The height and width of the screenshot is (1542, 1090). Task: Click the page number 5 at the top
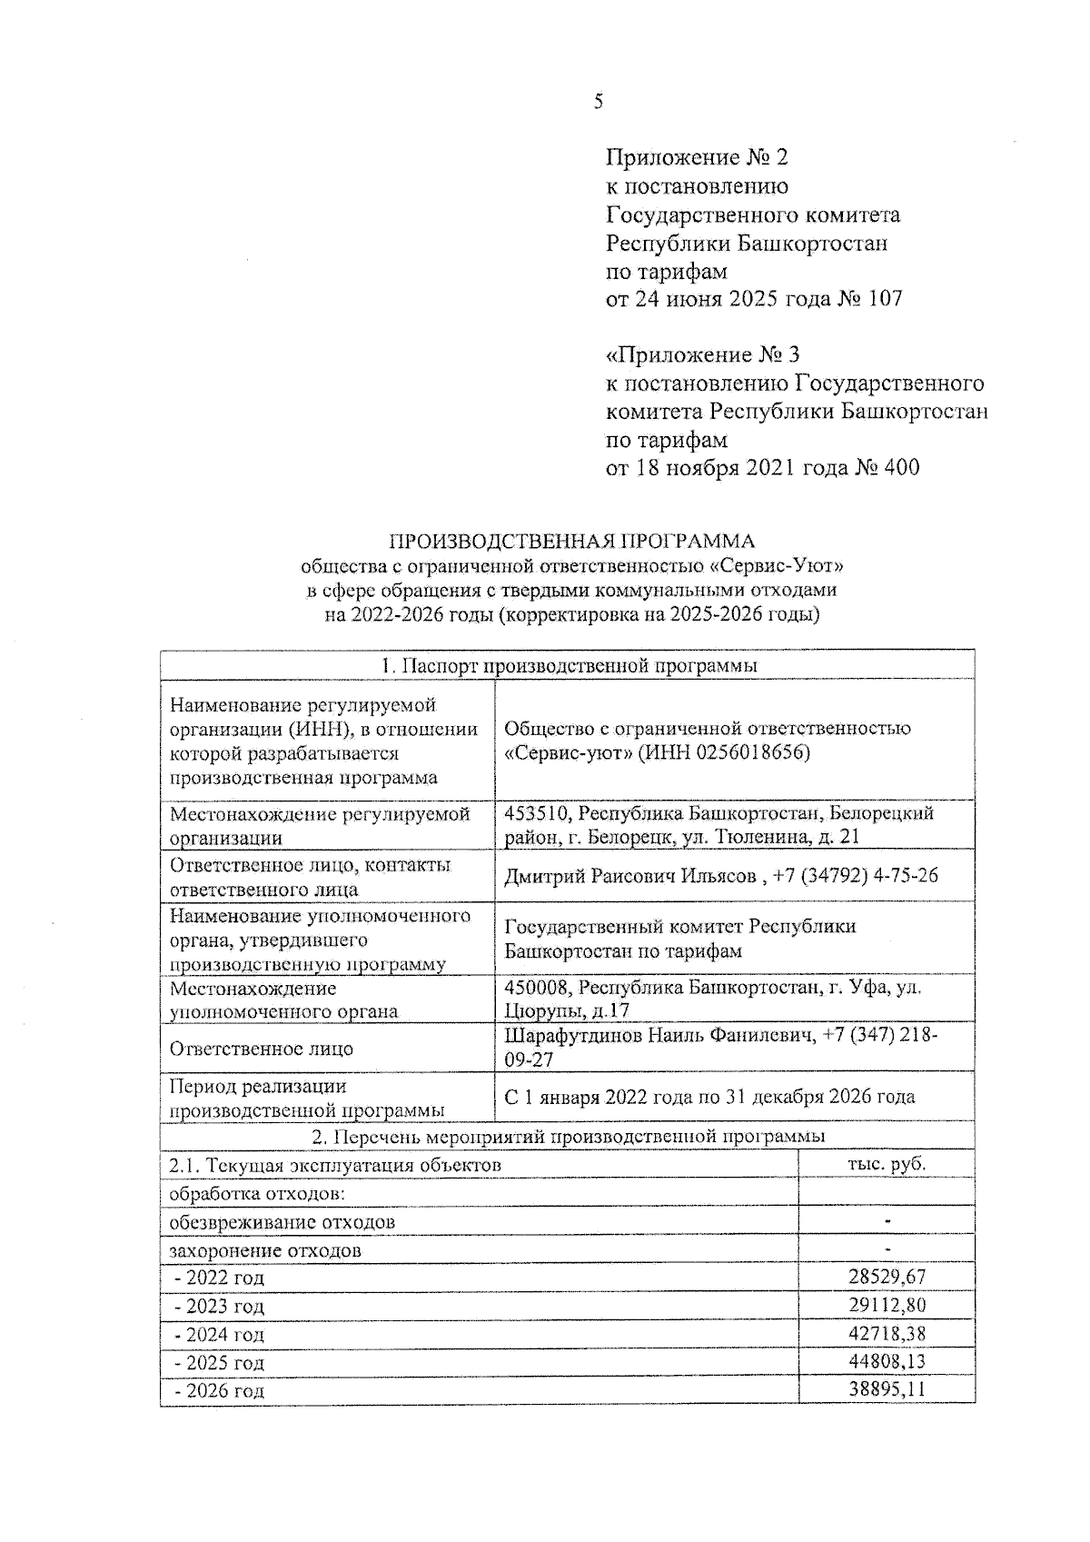pos(598,102)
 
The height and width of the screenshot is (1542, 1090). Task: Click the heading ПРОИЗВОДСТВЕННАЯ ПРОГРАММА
pos(571,542)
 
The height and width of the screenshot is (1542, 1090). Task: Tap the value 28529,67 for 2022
pos(887,1278)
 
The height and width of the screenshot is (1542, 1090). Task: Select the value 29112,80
pos(887,1306)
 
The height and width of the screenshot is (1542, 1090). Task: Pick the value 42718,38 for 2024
pos(887,1334)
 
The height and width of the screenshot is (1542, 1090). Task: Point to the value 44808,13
pos(887,1362)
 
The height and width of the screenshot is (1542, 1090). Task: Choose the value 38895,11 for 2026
pos(887,1390)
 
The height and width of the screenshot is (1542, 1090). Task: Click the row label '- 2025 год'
pos(219,1363)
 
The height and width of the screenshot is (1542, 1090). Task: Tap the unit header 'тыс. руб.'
pos(887,1164)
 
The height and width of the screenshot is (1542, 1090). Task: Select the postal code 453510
pos(536,813)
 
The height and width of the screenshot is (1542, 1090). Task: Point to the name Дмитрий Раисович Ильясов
pos(629,876)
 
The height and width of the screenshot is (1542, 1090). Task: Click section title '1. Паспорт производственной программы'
pos(570,666)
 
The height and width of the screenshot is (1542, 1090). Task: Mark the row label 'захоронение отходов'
pos(265,1250)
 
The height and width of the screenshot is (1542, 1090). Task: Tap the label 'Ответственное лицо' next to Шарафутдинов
pos(262,1049)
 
